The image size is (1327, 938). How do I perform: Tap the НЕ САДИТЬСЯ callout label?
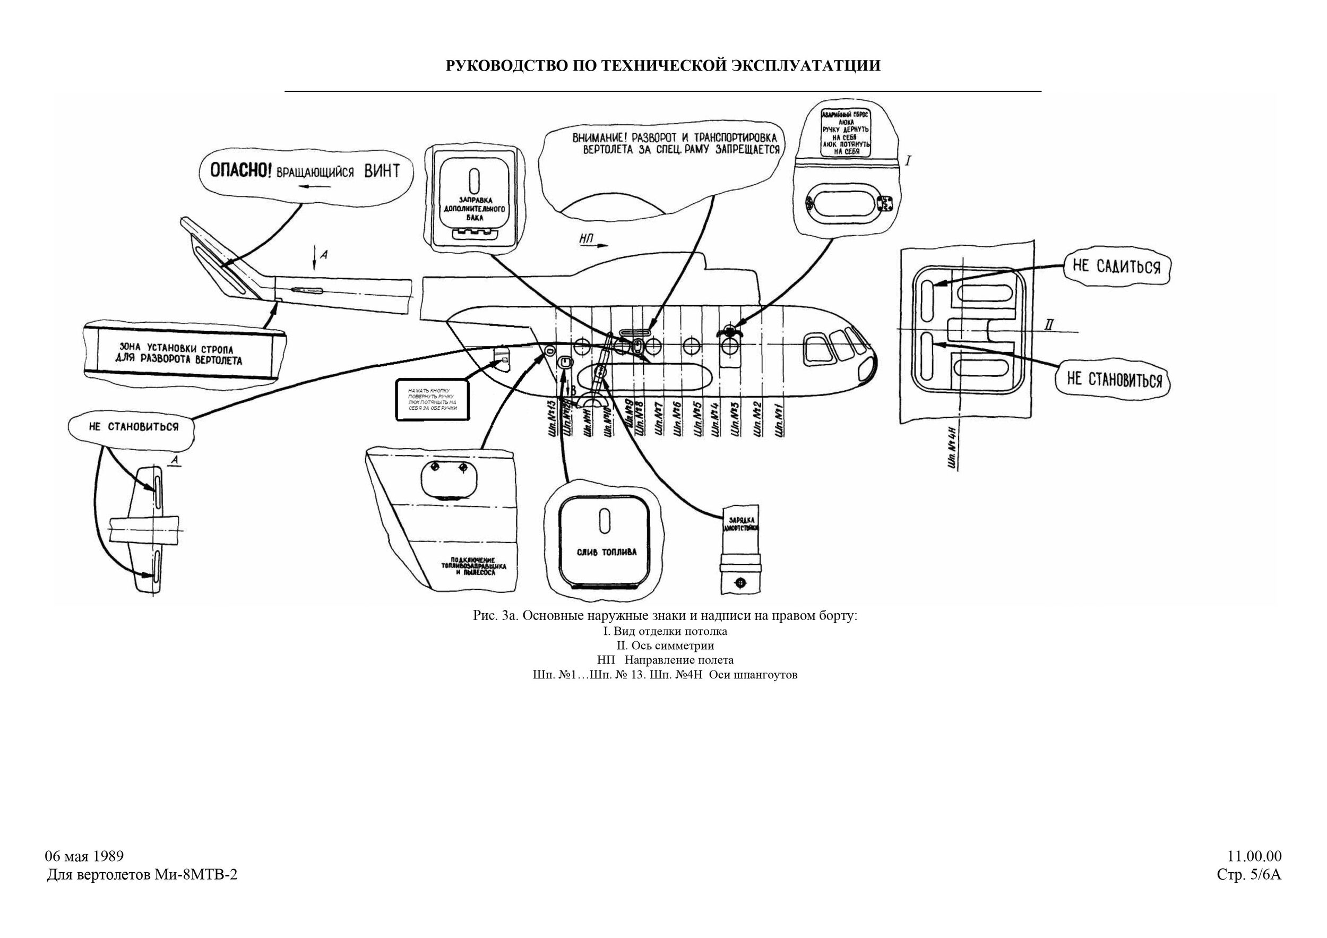point(1117,266)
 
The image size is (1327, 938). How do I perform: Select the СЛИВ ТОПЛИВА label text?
point(607,552)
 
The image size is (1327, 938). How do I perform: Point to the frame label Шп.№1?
point(780,423)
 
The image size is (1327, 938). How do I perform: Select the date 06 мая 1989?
point(84,856)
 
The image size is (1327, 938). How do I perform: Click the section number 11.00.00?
point(1254,856)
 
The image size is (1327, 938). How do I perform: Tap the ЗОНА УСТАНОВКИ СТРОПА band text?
point(180,355)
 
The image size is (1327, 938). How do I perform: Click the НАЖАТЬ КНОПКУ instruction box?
point(432,399)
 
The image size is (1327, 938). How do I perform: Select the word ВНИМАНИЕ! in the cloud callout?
point(598,138)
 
